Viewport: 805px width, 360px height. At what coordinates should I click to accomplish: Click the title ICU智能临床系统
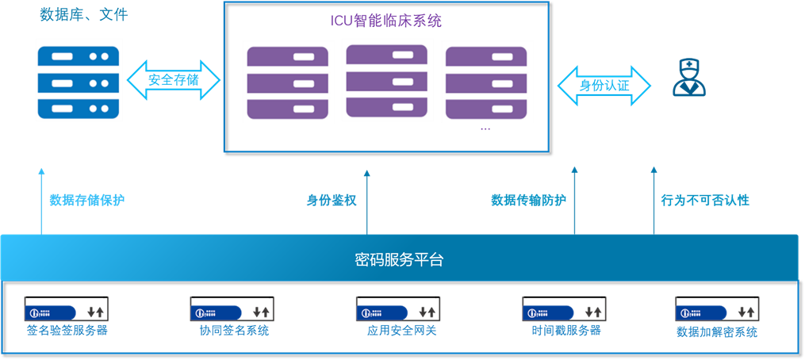387,21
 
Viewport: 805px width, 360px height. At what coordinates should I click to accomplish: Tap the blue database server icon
78,82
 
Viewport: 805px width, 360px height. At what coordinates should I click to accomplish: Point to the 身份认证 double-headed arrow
604,86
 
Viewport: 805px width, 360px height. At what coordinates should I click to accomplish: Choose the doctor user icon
689,78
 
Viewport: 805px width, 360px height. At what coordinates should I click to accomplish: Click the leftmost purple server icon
289,82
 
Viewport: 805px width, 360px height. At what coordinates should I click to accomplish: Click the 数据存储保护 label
86,200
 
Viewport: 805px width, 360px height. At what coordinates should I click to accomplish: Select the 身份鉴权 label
332,200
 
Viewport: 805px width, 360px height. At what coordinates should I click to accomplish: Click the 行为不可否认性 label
705,200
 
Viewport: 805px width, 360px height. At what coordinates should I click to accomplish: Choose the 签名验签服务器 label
67,330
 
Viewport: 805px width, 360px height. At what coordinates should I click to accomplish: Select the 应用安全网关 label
401,330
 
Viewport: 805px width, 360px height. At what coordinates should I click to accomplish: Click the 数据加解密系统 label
717,331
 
